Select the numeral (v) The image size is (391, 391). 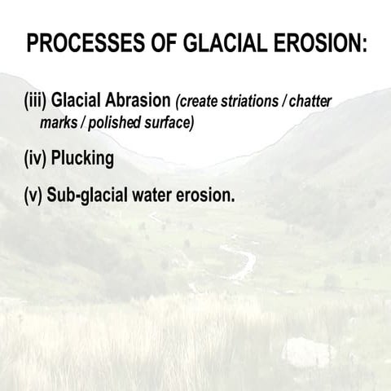[x=33, y=195]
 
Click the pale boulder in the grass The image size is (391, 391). [x=308, y=353]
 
